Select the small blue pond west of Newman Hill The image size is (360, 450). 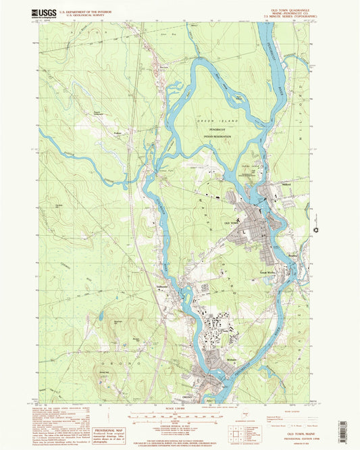pyautogui.click(x=101, y=314)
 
